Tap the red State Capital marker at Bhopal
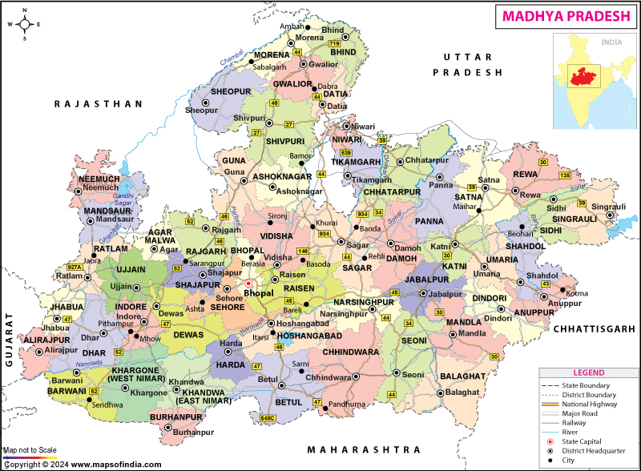point(248,284)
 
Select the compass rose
point(24,24)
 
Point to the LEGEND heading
point(589,373)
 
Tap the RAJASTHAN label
point(98,104)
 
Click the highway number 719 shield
point(334,42)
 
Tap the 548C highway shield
point(267,418)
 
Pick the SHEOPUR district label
point(231,92)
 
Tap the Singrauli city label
point(608,207)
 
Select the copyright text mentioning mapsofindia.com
point(82,465)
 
